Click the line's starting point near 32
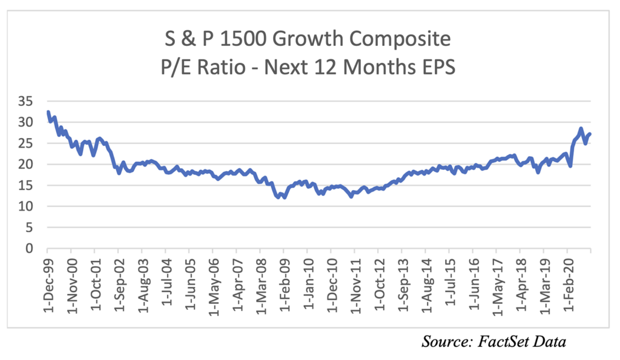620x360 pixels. pos(48,113)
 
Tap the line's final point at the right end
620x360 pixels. pos(590,134)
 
